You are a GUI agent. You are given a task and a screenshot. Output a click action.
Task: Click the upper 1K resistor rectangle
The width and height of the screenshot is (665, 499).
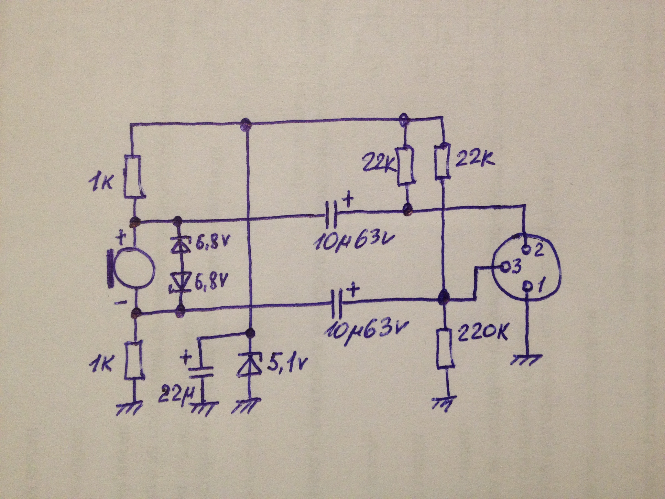point(133,176)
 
